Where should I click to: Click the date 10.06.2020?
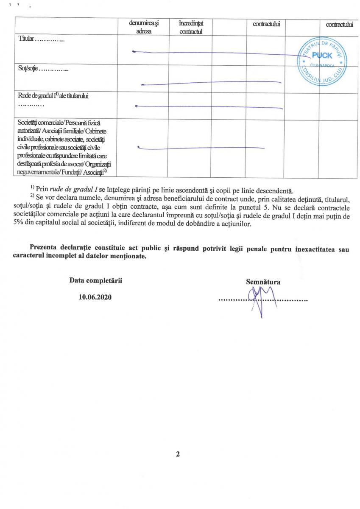95,297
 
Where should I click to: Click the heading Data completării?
96,281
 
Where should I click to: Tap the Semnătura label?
263,281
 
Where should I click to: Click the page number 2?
178,454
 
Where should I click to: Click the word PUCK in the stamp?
322,56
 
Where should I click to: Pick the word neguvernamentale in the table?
40,172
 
